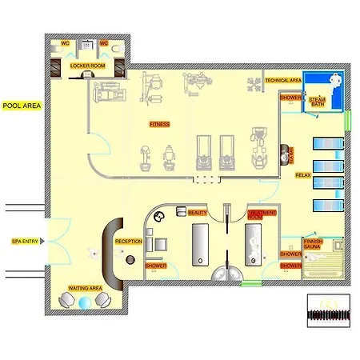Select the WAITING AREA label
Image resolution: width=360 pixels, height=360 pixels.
click(84, 287)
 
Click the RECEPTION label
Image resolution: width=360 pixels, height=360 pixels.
click(129, 240)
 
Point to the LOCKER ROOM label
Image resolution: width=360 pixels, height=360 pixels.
click(87, 66)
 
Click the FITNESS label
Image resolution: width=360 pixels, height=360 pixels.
click(160, 124)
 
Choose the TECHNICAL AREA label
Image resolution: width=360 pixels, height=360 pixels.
click(283, 80)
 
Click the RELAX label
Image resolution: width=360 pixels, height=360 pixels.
click(303, 174)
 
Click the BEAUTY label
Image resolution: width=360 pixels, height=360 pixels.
click(197, 211)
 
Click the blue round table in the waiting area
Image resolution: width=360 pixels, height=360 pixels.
click(86, 302)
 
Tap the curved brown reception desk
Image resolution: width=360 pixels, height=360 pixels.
click(113, 254)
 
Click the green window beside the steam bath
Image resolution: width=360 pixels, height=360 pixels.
click(348, 122)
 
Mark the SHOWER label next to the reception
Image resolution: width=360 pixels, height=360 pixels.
click(155, 265)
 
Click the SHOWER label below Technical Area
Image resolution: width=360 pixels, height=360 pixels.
click(290, 97)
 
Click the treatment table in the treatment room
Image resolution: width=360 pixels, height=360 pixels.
click(254, 244)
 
